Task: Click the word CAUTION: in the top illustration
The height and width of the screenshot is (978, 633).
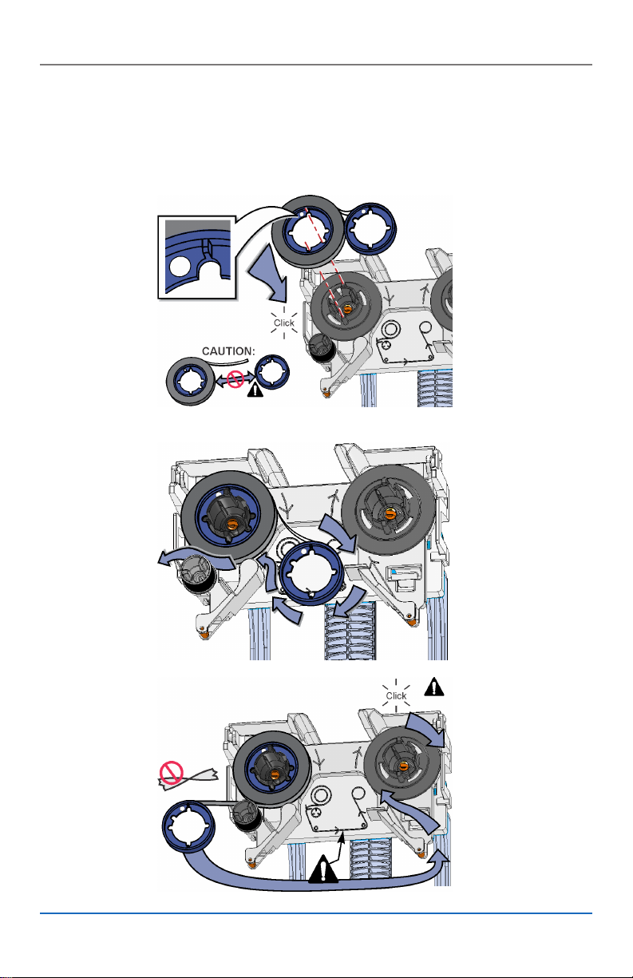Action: point(228,351)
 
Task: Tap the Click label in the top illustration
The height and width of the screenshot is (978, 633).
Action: point(283,323)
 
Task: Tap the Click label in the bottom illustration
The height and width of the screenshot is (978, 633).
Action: point(396,695)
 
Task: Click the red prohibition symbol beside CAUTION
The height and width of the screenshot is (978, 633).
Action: point(235,378)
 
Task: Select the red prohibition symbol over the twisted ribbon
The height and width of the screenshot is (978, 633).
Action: point(171,772)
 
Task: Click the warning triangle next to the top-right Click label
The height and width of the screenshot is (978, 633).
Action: point(434,687)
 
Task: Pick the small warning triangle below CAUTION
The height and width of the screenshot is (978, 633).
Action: point(255,389)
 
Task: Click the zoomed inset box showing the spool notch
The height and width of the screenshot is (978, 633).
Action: point(197,257)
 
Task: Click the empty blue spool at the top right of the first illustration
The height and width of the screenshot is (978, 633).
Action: point(371,229)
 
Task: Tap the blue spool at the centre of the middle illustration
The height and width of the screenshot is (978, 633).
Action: point(311,573)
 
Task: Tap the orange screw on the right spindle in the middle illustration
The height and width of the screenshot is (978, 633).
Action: point(389,513)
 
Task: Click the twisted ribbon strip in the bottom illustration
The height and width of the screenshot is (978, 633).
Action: point(188,779)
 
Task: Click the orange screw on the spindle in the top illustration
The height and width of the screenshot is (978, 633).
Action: point(347,309)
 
